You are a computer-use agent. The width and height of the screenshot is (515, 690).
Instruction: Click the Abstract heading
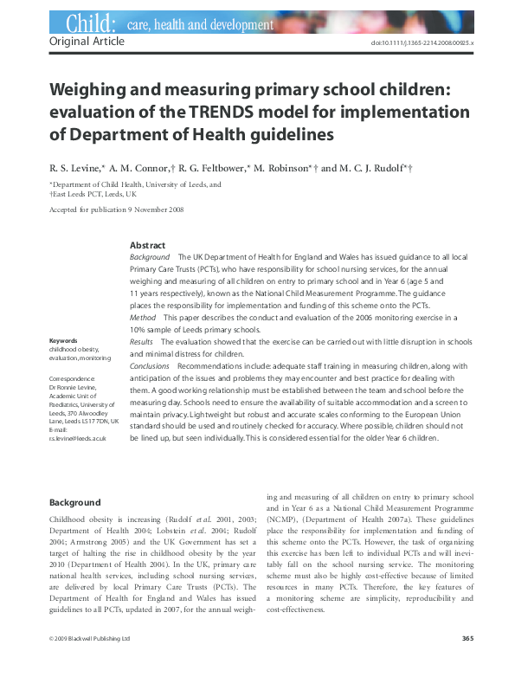[147, 246]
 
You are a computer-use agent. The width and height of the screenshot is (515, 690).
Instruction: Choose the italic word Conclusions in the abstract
[149, 366]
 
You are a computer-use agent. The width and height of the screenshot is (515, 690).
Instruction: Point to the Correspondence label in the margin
[73, 379]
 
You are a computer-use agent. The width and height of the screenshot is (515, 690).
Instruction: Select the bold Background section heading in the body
[74, 502]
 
